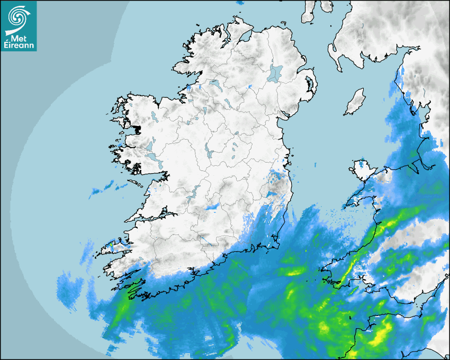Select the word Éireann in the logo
point(19,46)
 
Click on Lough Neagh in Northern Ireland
point(275,73)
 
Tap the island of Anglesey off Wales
point(362,169)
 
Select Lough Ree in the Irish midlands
point(209,151)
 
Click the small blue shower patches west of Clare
point(103,187)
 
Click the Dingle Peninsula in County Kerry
point(114,246)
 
